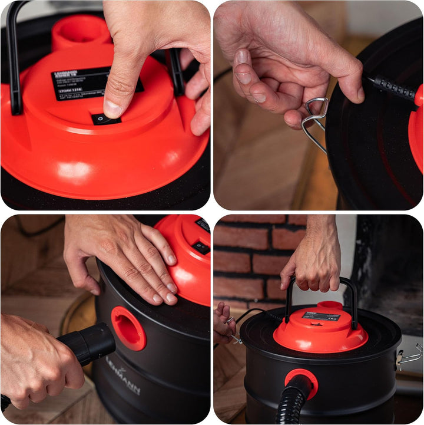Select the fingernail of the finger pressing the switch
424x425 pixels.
(x=112, y=108)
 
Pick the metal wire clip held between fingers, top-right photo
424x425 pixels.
(x=315, y=121)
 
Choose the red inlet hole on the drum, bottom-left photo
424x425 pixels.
(x=129, y=328)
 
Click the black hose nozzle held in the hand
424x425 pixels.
(x=88, y=345)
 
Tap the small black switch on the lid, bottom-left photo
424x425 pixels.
(x=201, y=247)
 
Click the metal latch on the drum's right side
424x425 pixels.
(x=410, y=357)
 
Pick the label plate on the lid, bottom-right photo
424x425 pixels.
(x=321, y=317)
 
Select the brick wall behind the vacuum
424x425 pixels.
(x=253, y=253)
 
